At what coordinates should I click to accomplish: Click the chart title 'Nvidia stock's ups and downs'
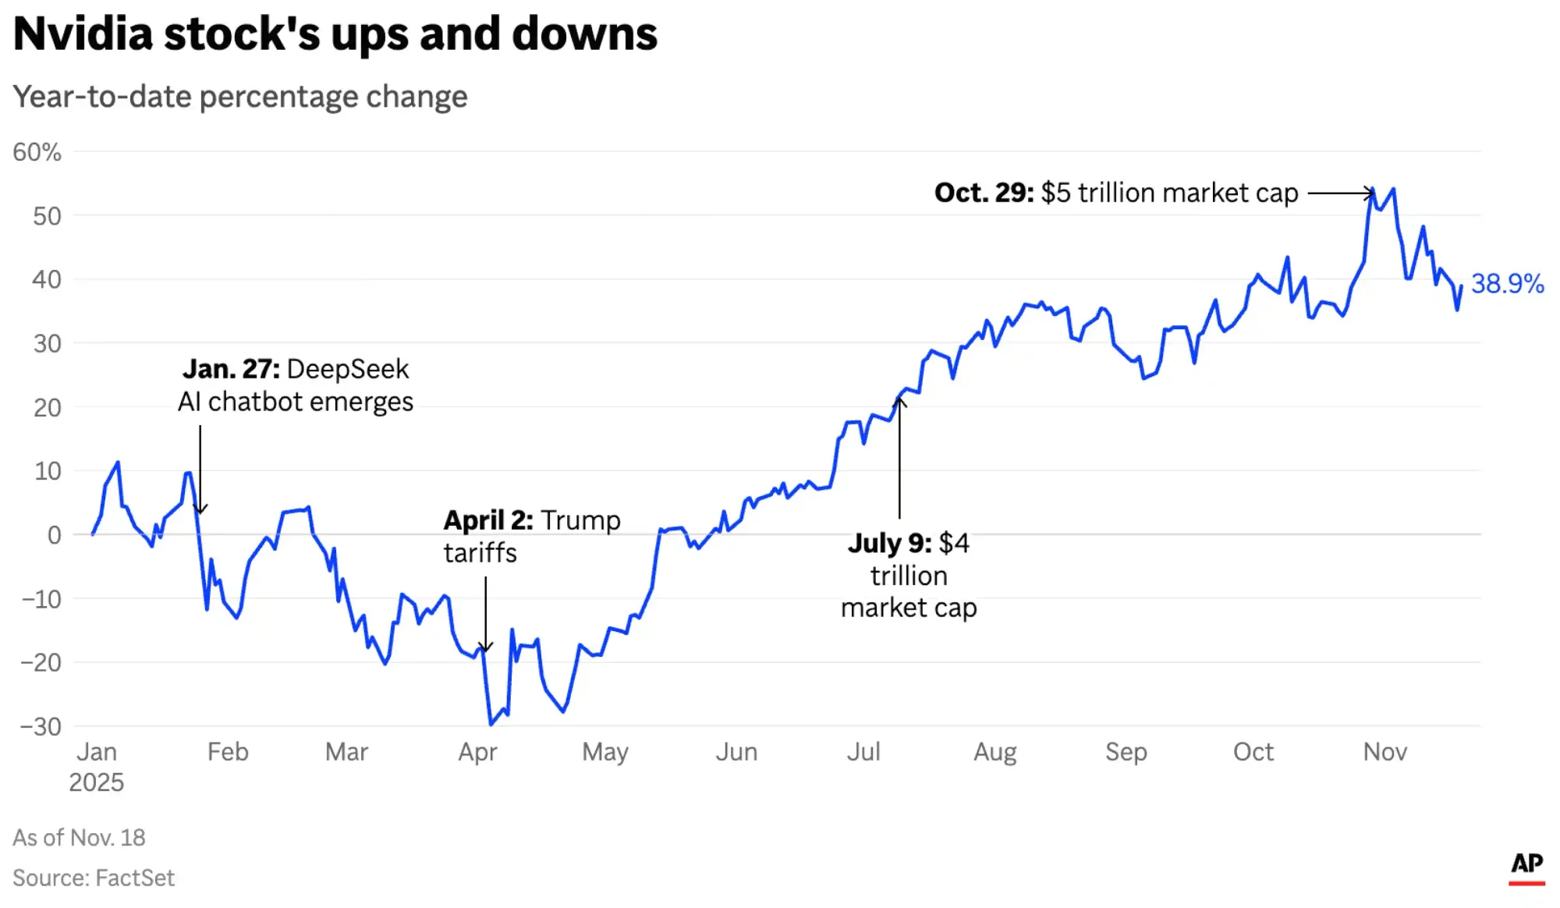tap(335, 34)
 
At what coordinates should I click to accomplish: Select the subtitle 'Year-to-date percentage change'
tap(240, 97)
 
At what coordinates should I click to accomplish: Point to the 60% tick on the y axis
tap(37, 152)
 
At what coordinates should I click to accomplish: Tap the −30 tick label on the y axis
tap(41, 726)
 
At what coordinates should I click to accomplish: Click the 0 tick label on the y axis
tap(54, 535)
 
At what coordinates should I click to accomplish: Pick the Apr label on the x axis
tap(477, 752)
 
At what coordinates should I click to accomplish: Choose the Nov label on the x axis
tap(1384, 752)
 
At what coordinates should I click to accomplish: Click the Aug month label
tap(994, 752)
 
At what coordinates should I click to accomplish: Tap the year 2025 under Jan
tap(96, 782)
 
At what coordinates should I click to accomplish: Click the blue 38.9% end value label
tap(1507, 284)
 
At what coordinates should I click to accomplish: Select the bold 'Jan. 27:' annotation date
tap(231, 369)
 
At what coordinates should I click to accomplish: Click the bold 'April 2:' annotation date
tap(488, 520)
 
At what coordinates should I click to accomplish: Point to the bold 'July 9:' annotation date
tap(889, 543)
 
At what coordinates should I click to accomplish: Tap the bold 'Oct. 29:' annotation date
tap(984, 193)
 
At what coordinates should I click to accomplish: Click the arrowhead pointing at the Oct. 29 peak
tap(1370, 193)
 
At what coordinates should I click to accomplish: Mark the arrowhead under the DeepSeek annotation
tap(200, 509)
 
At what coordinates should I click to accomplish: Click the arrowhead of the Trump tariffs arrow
tap(485, 647)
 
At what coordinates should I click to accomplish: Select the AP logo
tap(1526, 866)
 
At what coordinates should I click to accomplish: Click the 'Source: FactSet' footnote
tap(94, 878)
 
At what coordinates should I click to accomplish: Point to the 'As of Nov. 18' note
tap(79, 838)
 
